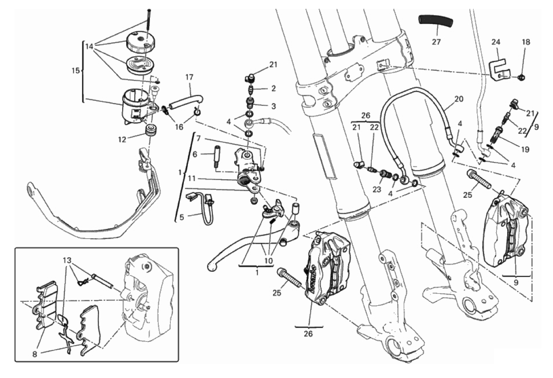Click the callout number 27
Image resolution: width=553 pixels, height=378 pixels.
(436, 42)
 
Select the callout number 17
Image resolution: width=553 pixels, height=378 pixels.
(189, 78)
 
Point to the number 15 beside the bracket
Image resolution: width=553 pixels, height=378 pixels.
(76, 71)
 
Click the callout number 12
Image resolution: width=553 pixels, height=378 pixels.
(122, 140)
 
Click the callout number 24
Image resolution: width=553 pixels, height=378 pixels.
(496, 42)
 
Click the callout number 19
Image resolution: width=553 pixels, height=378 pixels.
(525, 150)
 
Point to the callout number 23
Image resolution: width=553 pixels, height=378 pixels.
(377, 190)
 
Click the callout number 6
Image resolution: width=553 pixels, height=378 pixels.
(195, 155)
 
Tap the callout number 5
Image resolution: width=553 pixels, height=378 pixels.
(182, 217)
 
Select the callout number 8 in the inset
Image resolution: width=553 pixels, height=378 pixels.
(35, 354)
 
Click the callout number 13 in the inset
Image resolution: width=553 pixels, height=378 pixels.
(67, 260)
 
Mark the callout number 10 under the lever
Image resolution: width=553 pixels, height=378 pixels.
(268, 261)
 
